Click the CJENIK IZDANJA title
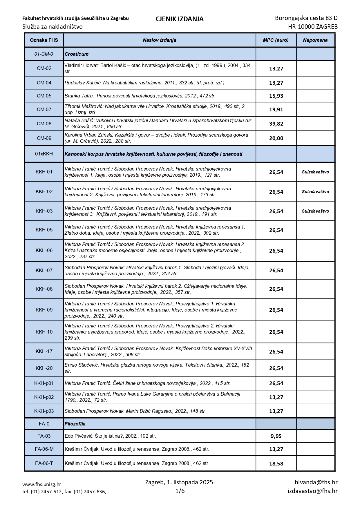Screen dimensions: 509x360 180,19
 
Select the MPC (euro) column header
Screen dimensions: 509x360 276,40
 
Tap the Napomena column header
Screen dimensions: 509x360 315,40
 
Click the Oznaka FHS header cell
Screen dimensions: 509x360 44,40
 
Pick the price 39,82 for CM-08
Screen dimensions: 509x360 276,124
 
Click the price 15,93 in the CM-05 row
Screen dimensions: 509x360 276,96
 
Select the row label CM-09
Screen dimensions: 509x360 44,138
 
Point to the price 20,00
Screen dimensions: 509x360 276,138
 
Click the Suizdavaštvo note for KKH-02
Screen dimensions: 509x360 315,192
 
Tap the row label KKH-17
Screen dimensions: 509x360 44,351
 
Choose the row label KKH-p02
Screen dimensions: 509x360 44,397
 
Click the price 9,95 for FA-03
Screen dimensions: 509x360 276,436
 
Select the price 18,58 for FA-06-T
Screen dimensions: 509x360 276,463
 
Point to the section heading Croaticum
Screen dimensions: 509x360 77,54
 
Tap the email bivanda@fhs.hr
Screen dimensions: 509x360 316,482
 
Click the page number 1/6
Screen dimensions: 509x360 180,491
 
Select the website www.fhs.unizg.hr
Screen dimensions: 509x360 42,484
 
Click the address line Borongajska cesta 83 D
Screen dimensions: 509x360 306,18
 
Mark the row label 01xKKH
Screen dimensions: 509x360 44,154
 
